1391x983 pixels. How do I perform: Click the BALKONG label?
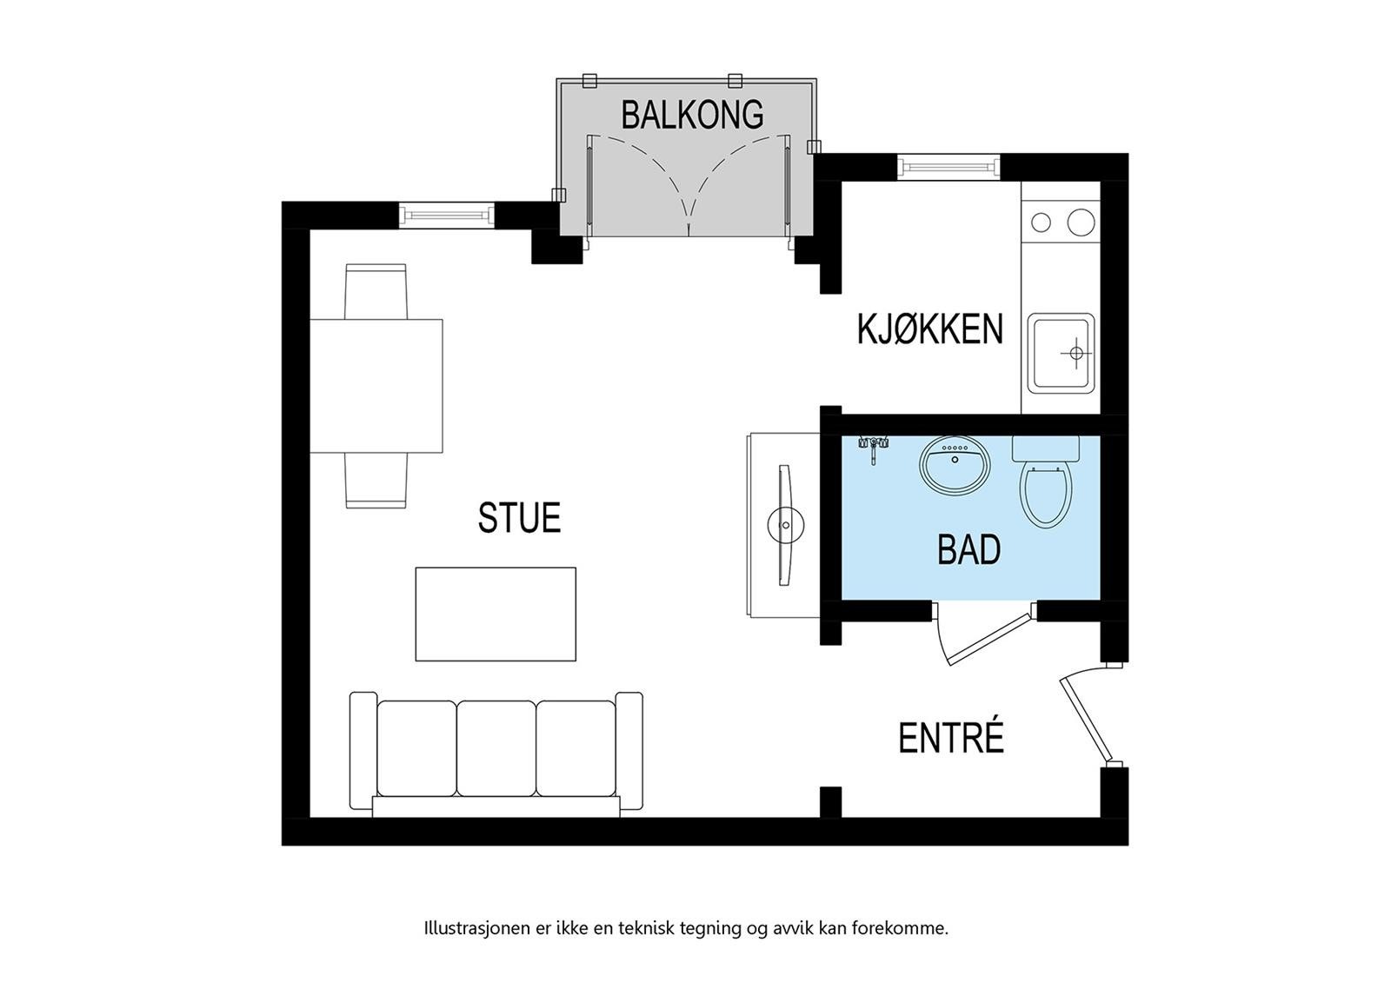point(692,115)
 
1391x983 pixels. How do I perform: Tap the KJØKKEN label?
point(929,329)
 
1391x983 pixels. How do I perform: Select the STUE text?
point(519,518)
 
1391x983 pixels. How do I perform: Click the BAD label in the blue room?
point(968,550)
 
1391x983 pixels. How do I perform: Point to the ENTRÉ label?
point(950,739)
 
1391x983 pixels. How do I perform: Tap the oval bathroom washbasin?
point(955,465)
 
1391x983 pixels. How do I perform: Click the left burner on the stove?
point(1041,223)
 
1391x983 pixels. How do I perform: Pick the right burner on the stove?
point(1080,223)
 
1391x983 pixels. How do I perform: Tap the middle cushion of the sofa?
point(496,747)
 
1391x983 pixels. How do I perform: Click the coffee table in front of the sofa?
point(496,614)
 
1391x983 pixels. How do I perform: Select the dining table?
point(376,386)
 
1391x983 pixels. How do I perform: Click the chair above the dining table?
point(376,291)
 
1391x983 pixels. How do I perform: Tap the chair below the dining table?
point(376,481)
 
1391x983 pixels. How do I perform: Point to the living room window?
point(447,214)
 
